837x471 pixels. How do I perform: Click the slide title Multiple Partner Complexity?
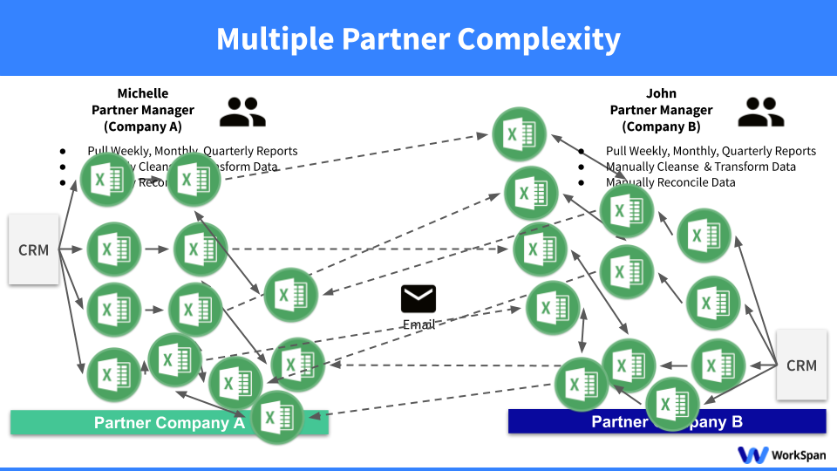click(x=418, y=39)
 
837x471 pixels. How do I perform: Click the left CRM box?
click(x=34, y=250)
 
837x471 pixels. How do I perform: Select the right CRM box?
click(x=801, y=365)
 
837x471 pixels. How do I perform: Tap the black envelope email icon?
click(x=418, y=299)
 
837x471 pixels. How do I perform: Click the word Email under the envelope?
click(x=418, y=324)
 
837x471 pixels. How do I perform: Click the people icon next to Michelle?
click(x=242, y=112)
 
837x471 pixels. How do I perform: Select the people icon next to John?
click(x=760, y=112)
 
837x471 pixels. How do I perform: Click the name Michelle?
click(x=143, y=93)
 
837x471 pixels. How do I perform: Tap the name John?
click(x=661, y=93)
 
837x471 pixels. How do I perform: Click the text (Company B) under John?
click(x=661, y=126)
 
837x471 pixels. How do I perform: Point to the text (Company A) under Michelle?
click(x=143, y=126)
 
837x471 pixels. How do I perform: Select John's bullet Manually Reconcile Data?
click(x=670, y=182)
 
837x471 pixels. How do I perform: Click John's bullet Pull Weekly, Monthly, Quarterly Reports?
click(x=711, y=151)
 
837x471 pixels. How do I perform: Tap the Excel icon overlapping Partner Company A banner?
click(x=277, y=418)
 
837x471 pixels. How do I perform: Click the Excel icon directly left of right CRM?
click(x=718, y=365)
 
